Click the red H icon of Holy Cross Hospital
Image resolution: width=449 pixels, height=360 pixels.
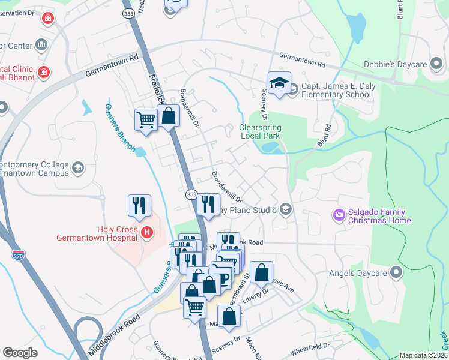click(146, 232)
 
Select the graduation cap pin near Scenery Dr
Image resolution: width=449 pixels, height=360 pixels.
click(279, 83)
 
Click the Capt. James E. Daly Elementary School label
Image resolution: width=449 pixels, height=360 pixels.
click(336, 90)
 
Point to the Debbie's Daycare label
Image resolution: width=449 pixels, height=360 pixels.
click(395, 64)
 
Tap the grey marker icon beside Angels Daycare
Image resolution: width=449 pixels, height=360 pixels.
click(396, 273)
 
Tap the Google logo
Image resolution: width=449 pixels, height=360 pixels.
click(20, 352)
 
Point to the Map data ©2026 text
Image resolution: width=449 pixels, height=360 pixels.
click(423, 355)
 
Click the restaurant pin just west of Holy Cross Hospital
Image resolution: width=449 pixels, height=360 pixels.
click(139, 206)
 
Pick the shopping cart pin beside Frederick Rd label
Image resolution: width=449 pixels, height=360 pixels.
click(146, 121)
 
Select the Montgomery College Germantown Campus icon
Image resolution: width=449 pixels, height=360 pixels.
click(77, 167)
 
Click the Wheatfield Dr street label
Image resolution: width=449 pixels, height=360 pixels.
click(310, 346)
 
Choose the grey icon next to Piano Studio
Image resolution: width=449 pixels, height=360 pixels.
click(285, 209)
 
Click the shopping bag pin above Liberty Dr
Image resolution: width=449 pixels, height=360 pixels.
click(262, 273)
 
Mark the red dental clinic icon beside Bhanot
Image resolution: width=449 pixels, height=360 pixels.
click(43, 73)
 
